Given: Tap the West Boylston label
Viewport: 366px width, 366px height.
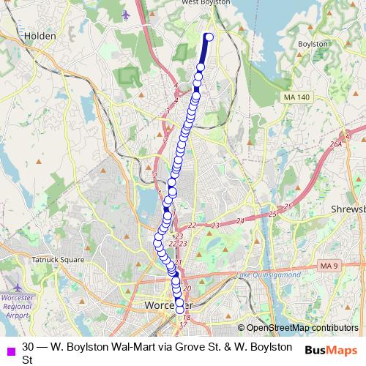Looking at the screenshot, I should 204,3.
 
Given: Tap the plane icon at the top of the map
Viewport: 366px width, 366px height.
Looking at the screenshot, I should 127,14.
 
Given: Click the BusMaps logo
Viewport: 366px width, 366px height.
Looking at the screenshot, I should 332,351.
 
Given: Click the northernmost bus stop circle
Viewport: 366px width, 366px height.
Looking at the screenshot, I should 210,37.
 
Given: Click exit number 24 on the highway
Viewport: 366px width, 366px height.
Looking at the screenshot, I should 240,220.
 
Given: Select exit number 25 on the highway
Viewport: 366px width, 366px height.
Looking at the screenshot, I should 272,214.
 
